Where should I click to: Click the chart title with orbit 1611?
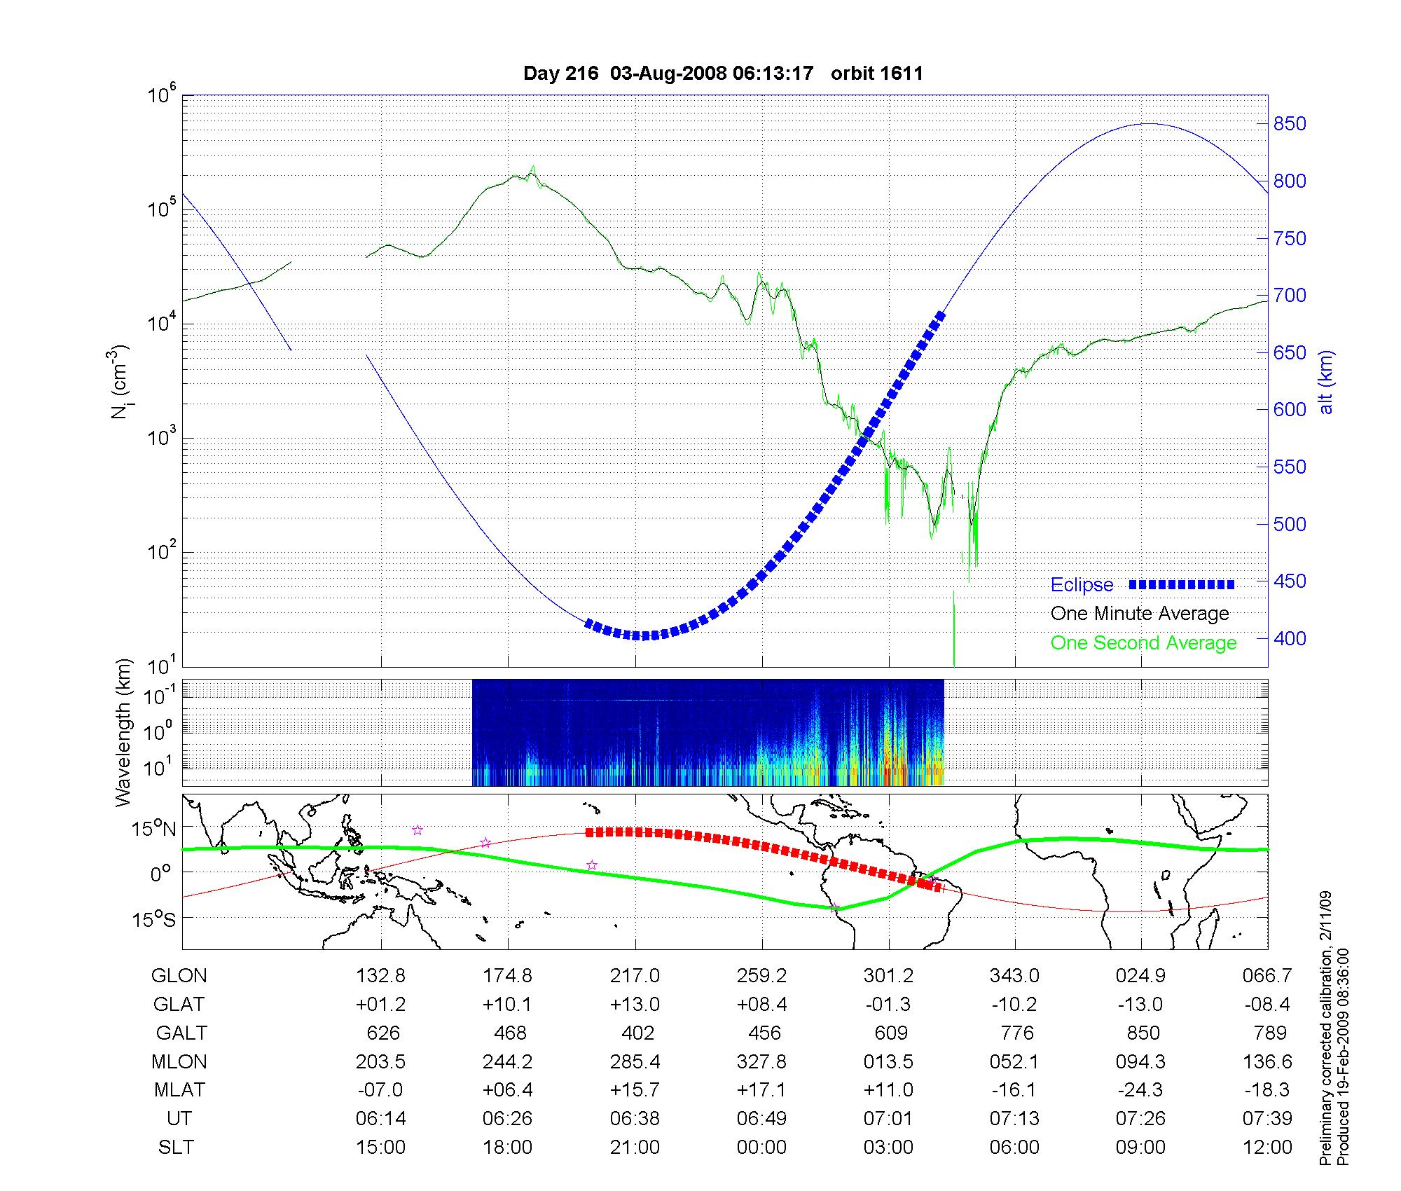[723, 74]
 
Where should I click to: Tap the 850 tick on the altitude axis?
[1290, 124]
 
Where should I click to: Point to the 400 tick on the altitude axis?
[1290, 638]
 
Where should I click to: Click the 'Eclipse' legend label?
[1082, 585]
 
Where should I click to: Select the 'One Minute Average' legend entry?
[1140, 614]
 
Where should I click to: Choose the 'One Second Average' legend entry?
[1143, 643]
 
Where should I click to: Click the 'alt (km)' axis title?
[1327, 382]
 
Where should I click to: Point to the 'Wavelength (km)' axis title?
[123, 732]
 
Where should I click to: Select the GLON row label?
[179, 975]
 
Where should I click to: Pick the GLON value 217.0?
[635, 975]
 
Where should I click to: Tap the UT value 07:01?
[888, 1118]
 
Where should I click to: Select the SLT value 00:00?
[761, 1147]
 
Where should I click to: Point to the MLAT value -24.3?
[1141, 1090]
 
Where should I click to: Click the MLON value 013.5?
[888, 1061]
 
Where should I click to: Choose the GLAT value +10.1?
[507, 1004]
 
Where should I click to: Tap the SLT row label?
[177, 1147]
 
